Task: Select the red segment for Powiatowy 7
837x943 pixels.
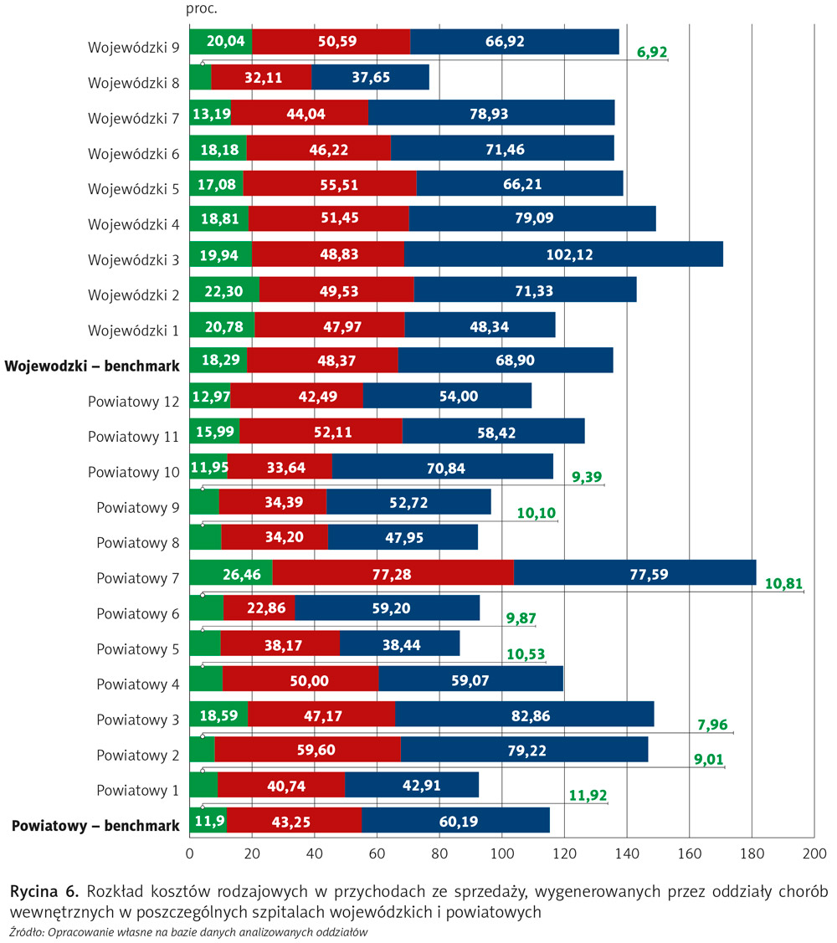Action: (393, 573)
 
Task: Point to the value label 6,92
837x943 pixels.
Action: (652, 53)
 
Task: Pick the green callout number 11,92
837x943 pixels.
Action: (588, 795)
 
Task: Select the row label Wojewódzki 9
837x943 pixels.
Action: (134, 47)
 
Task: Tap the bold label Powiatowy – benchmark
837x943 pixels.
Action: (95, 826)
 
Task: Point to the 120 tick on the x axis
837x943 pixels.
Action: (564, 854)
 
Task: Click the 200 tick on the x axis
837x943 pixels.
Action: (814, 854)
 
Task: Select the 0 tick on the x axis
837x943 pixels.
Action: (190, 854)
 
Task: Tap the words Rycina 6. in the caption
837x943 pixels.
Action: (44, 890)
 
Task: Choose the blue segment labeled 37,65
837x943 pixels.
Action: (370, 78)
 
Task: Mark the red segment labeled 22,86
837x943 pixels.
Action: (259, 608)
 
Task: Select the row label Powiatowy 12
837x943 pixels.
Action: (134, 402)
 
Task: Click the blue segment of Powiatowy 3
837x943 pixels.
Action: (524, 715)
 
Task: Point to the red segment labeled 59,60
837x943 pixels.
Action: (308, 750)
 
